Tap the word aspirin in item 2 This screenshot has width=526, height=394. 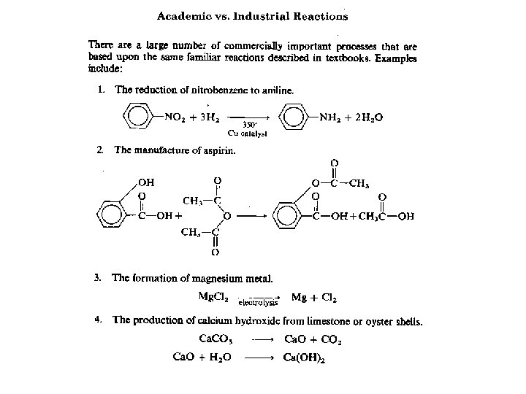[216, 150]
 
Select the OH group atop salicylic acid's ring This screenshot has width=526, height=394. [145, 182]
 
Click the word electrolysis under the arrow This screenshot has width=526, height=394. [259, 303]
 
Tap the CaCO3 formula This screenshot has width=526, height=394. [218, 339]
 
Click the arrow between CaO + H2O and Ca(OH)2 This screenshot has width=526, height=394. [259, 358]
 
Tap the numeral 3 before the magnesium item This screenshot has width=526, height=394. [97, 278]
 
